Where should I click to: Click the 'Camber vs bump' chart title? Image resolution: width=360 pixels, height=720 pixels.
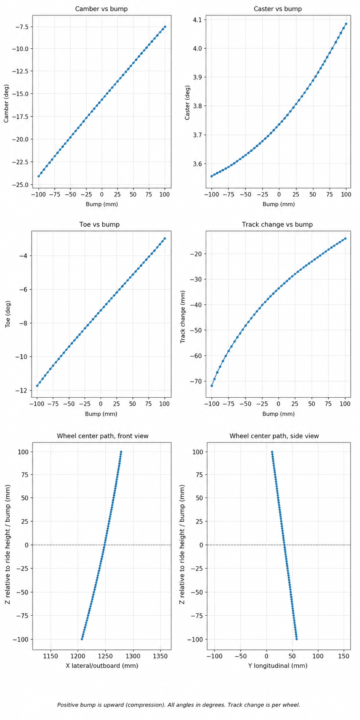101,9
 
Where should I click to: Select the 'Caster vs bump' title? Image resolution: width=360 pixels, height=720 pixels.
278,9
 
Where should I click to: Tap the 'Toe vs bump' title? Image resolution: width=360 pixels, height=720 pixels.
101,224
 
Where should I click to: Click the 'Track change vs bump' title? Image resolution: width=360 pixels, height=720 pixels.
277,224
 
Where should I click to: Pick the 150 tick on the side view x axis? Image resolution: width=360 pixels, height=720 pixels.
344,656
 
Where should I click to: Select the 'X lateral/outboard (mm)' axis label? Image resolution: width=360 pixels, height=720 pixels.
102,666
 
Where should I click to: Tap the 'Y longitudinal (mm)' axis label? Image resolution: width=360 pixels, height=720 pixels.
278,666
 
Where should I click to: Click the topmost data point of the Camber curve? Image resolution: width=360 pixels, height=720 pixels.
165,27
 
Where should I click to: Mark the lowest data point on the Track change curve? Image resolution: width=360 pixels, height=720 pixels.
211,386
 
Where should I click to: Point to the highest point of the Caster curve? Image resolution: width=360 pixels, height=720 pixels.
346,24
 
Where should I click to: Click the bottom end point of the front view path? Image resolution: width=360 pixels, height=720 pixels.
82,639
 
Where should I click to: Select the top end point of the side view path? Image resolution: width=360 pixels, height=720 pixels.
272,452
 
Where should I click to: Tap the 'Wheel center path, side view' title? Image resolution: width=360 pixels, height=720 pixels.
274,436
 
